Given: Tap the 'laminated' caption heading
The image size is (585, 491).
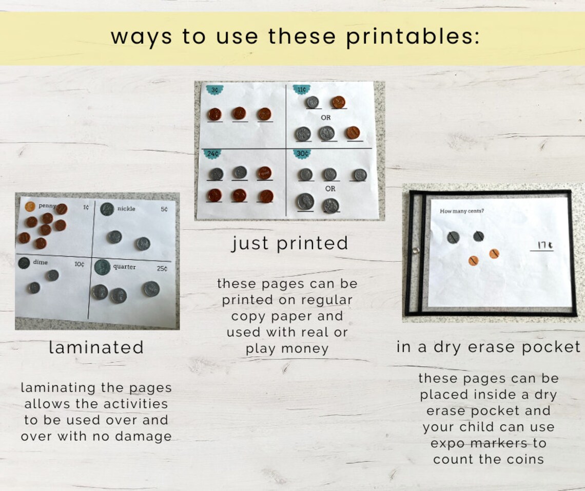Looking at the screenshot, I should [x=96, y=348].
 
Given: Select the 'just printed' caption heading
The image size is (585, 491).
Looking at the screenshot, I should [x=290, y=243].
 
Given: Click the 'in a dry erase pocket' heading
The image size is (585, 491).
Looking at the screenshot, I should [x=488, y=347].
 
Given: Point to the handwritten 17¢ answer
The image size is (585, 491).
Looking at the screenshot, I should [x=545, y=247].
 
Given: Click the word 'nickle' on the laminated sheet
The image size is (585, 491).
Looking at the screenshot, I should [x=126, y=209].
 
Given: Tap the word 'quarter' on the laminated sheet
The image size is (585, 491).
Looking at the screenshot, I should [x=125, y=267].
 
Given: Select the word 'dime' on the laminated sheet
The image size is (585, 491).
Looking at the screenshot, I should [x=40, y=262].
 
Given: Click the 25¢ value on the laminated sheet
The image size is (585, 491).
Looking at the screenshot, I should [x=162, y=269].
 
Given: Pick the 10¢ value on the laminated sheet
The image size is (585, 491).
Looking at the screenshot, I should [x=79, y=265].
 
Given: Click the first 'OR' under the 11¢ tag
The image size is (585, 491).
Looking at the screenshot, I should [x=326, y=118].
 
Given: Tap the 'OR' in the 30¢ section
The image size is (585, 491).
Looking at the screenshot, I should [x=330, y=188].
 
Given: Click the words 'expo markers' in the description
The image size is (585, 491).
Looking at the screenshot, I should [x=488, y=443].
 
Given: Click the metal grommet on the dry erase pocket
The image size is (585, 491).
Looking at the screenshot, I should [x=415, y=251].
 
